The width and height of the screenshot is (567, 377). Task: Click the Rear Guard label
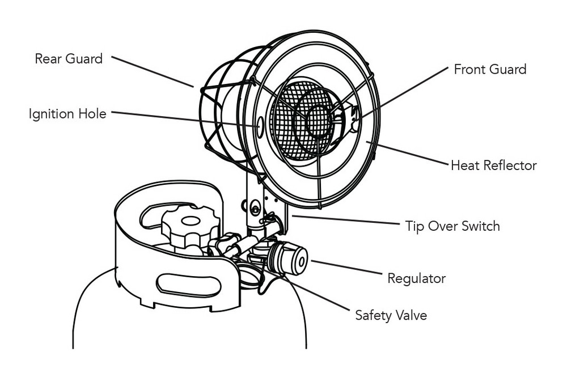pos(69,58)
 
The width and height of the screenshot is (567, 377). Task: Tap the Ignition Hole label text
pos(67,114)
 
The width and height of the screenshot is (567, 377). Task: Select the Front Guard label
pos(490,69)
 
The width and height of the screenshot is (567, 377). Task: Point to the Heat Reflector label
pos(493,166)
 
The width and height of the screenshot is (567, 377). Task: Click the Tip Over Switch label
pos(452,226)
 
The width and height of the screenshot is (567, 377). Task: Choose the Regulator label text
pos(416,278)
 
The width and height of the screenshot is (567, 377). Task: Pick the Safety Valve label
pos(391,315)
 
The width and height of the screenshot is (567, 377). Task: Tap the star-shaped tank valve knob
pos(190,224)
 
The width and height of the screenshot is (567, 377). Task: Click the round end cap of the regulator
pos(299,260)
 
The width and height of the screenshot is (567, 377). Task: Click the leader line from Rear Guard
pos(153,71)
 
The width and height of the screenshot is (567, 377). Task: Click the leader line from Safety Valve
pos(318,293)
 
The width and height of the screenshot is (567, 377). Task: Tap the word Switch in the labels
pos(480,226)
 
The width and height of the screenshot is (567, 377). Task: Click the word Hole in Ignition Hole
pos(94,114)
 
